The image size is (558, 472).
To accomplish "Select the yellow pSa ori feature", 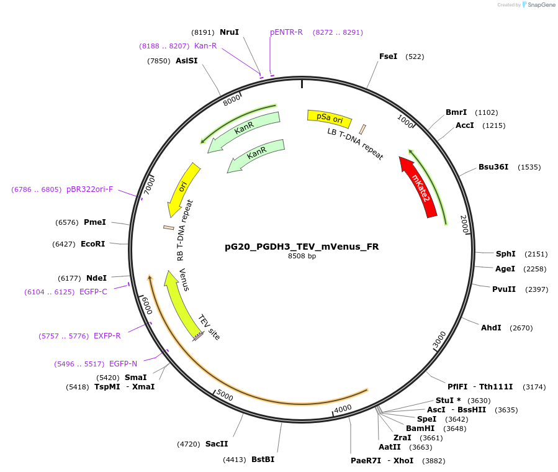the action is click(x=329, y=117).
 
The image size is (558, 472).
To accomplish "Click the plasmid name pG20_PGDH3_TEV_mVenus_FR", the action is click(x=302, y=247).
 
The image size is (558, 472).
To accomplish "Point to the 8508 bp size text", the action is click(x=302, y=256).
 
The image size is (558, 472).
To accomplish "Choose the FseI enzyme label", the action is click(x=388, y=57).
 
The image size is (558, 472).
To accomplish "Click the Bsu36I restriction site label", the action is click(x=493, y=167).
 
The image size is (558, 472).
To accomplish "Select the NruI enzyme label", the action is click(x=229, y=32).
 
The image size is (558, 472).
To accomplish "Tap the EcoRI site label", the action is click(x=92, y=244).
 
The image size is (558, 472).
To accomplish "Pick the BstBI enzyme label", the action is click(x=263, y=460).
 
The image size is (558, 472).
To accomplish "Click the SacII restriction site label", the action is click(x=217, y=444).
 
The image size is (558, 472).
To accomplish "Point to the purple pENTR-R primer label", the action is click(x=286, y=32).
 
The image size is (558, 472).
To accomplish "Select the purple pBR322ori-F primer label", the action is click(x=90, y=189).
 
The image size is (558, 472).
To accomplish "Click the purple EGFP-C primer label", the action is click(x=93, y=292).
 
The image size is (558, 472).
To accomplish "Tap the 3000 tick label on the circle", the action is click(x=439, y=340).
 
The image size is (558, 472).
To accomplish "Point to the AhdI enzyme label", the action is click(x=491, y=327).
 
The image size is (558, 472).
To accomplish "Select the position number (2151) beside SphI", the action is click(x=536, y=254).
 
